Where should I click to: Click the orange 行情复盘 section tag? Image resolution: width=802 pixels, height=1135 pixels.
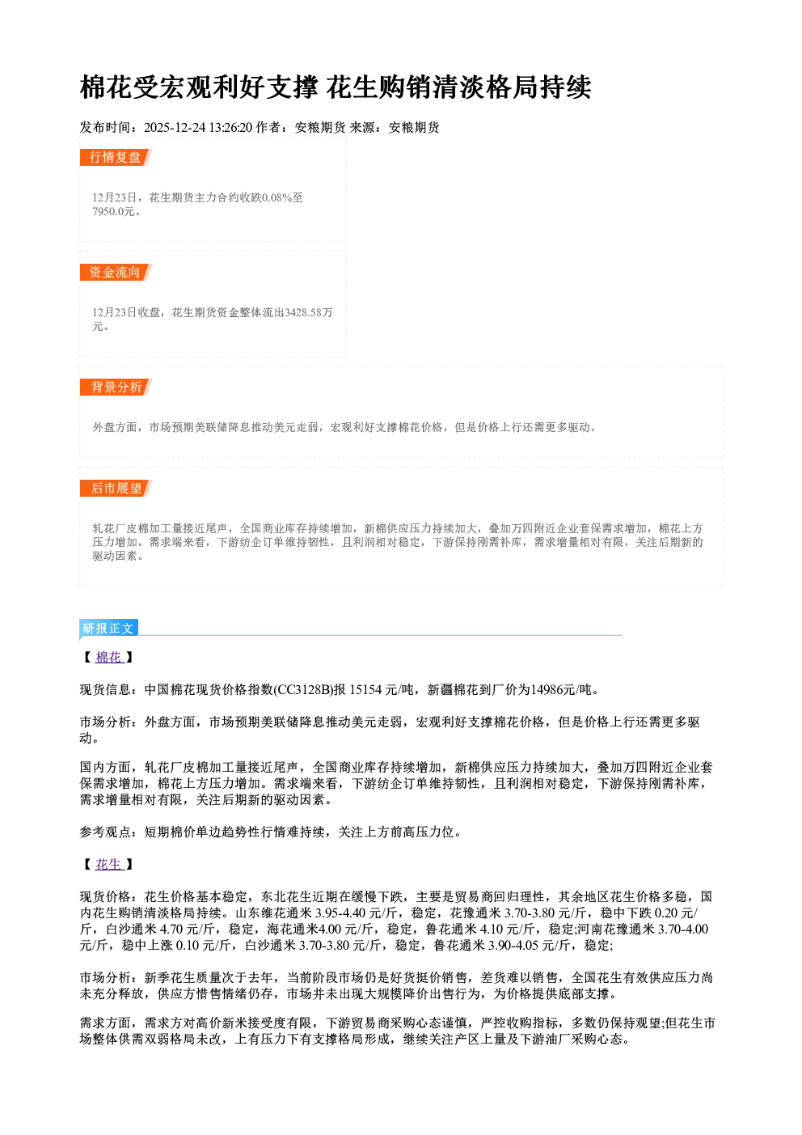coord(116,157)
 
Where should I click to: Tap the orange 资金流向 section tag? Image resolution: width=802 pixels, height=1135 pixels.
coord(116,272)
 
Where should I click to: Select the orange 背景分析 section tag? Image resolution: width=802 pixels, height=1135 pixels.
coord(116,388)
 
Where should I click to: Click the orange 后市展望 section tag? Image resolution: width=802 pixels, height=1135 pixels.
coord(116,489)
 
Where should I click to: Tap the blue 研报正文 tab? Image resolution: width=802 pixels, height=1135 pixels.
coord(108,629)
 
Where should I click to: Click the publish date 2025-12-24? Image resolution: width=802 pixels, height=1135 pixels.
coord(175,128)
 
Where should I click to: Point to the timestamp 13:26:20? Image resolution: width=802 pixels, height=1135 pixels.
coord(230,128)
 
